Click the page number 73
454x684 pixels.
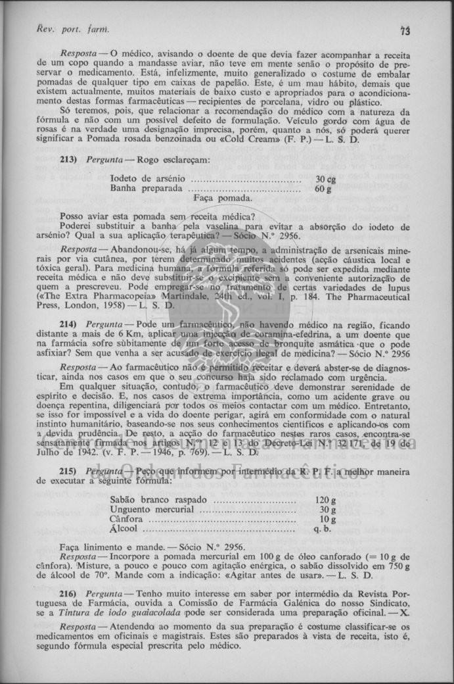tap(405, 30)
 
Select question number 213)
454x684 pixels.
tap(69, 160)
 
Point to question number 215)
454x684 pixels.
tap(69, 472)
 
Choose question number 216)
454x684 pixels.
tap(69, 594)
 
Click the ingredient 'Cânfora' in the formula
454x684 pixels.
tap(126, 519)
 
